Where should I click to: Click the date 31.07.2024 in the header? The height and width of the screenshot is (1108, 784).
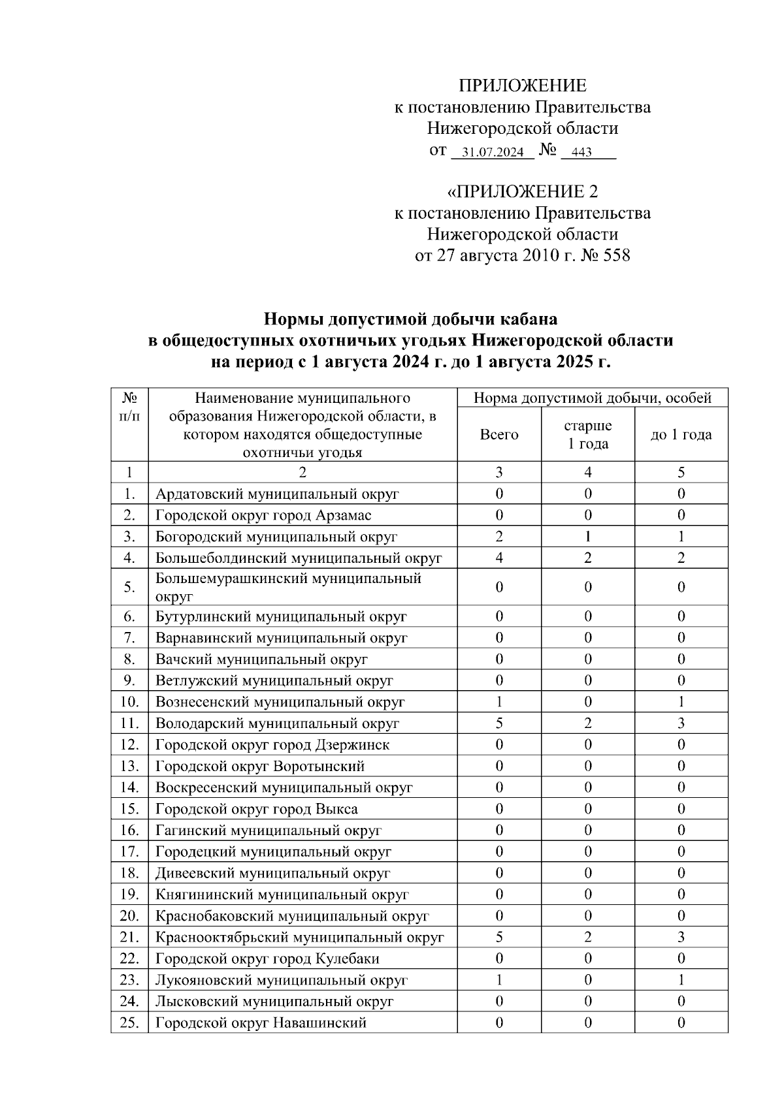pyautogui.click(x=493, y=153)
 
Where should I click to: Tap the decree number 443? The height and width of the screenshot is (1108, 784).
pyautogui.click(x=581, y=153)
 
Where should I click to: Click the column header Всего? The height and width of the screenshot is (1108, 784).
pyautogui.click(x=499, y=435)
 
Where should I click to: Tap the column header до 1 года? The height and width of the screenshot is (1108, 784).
pyautogui.click(x=681, y=435)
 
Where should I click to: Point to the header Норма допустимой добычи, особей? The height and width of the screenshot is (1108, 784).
pyautogui.click(x=592, y=398)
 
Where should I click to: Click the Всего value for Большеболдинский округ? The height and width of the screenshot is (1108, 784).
pyautogui.click(x=499, y=558)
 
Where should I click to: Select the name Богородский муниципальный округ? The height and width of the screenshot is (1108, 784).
pyautogui.click(x=276, y=537)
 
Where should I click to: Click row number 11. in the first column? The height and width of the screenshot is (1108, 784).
pyautogui.click(x=130, y=723)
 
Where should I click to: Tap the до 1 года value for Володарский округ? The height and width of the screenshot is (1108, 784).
pyautogui.click(x=681, y=723)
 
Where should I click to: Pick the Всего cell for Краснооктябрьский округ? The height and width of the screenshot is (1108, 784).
pyautogui.click(x=499, y=938)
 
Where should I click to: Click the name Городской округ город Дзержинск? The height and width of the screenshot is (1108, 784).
pyautogui.click(x=272, y=745)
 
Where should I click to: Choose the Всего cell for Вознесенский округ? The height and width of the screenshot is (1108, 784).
pyautogui.click(x=499, y=702)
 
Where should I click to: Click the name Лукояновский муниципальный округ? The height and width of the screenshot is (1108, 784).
pyautogui.click(x=282, y=980)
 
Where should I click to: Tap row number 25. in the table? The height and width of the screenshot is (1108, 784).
pyautogui.click(x=130, y=1023)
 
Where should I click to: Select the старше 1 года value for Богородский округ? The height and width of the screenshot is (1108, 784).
pyautogui.click(x=588, y=537)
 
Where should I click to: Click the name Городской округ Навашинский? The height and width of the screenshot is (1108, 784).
pyautogui.click(x=261, y=1023)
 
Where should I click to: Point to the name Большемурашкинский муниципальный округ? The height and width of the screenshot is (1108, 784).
pyautogui.click(x=288, y=587)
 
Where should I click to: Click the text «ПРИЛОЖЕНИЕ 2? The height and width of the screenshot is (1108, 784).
pyautogui.click(x=522, y=192)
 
